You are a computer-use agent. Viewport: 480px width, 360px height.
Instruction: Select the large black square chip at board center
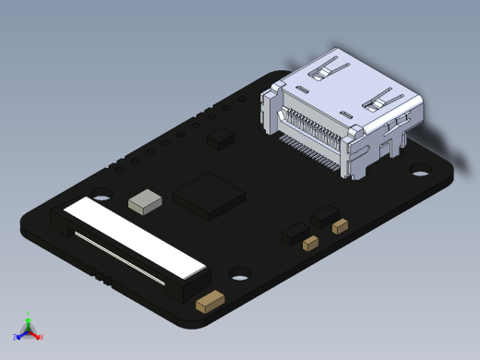coord(210,195)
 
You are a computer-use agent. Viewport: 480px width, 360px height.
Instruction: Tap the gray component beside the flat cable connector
coord(145,201)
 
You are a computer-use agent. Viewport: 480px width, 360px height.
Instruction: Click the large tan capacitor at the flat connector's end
coord(212,302)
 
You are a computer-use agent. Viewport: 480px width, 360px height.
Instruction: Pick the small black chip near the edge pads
coord(222,138)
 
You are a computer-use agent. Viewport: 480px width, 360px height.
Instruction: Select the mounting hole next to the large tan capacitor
coord(241,274)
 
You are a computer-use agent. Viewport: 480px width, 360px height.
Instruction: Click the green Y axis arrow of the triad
coord(29,317)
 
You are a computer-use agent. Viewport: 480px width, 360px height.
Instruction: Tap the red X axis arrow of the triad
coord(39,337)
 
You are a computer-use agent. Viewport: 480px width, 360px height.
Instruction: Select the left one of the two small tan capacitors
coord(311,243)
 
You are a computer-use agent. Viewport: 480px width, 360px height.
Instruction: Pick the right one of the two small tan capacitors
coord(340,225)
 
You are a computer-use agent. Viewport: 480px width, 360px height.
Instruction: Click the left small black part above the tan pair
coord(295,231)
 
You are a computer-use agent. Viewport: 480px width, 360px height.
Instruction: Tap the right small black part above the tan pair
coord(324,216)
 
